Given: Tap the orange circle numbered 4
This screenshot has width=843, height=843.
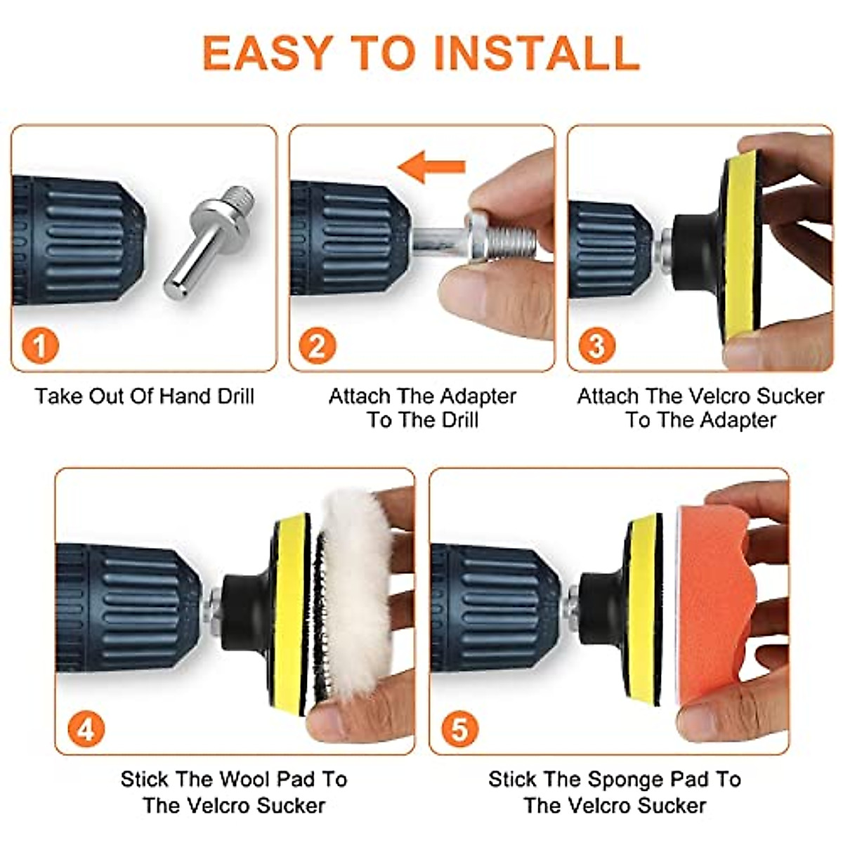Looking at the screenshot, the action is [x=86, y=729].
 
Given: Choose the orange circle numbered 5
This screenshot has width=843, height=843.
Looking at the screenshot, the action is [x=459, y=729].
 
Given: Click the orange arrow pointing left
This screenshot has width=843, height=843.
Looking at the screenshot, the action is [x=431, y=166].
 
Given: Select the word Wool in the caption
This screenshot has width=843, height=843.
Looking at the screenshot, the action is [x=245, y=779].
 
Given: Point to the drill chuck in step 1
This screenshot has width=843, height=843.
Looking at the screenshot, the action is [x=79, y=240].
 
